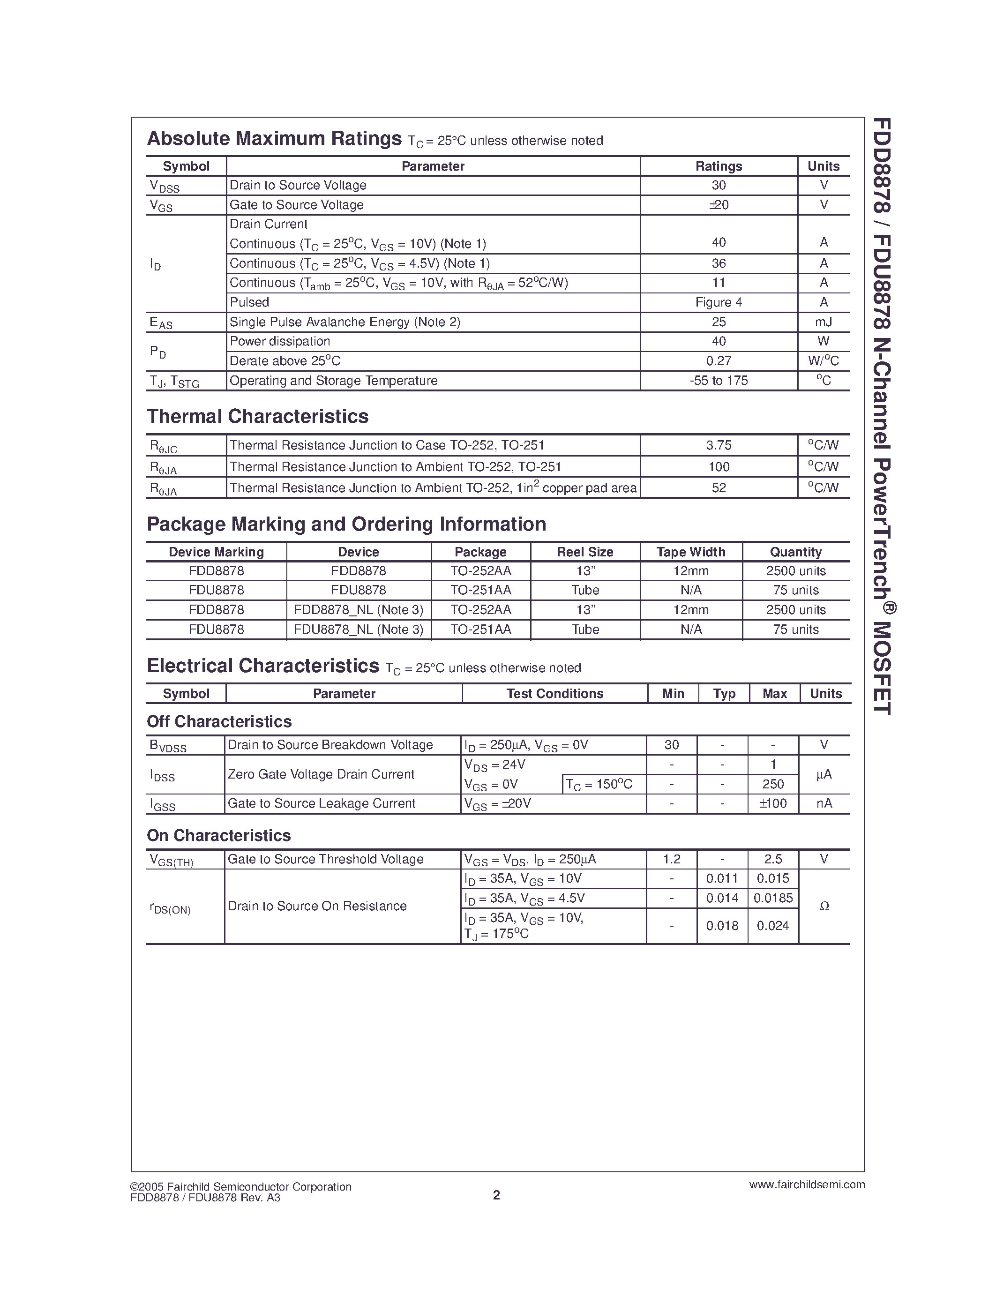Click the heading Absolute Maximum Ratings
coord(274,139)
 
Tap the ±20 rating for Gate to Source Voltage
coord(718,205)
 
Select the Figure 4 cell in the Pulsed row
coord(718,302)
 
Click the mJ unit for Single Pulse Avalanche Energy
coord(823,322)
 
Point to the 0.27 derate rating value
coord(718,360)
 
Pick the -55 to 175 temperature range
coord(718,381)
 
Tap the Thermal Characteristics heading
coord(257,417)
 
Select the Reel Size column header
coord(585,552)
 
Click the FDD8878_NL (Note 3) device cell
coord(358,610)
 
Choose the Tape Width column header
coord(690,552)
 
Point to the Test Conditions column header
coord(554,694)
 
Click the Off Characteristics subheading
coord(219,722)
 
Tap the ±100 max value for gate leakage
coord(772,803)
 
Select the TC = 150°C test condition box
coord(599,784)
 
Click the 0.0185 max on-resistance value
coord(773,898)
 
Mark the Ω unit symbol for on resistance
coord(824,907)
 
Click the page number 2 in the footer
coord(496,1195)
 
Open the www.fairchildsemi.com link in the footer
coord(807,1184)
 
